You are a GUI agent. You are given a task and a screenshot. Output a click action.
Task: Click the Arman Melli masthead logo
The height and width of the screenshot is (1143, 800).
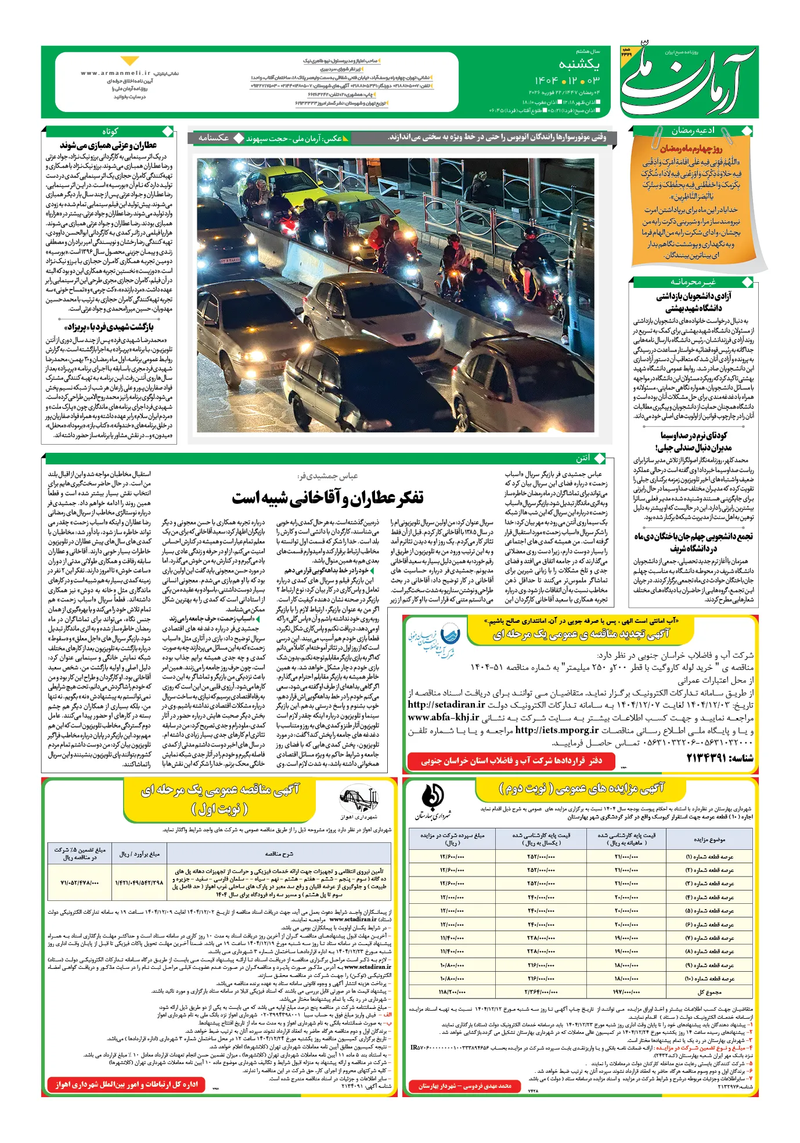pyautogui.click(x=688, y=81)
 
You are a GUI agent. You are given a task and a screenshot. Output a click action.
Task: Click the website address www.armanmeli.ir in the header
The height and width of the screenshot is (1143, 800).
pyautogui.click(x=116, y=73)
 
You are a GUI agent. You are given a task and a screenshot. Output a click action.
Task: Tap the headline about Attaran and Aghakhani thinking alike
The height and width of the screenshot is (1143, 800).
pyautogui.click(x=328, y=497)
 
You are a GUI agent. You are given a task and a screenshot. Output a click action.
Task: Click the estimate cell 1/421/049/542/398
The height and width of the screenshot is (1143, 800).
pyautogui.click(x=139, y=882)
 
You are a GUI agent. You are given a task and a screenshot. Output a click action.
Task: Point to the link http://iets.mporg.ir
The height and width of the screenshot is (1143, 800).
pyautogui.click(x=557, y=730)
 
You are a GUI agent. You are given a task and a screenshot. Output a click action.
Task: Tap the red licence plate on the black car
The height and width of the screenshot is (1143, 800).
pyautogui.click(x=230, y=261)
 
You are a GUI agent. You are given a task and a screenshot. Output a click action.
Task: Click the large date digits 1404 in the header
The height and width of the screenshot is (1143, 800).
pyautogui.click(x=546, y=81)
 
